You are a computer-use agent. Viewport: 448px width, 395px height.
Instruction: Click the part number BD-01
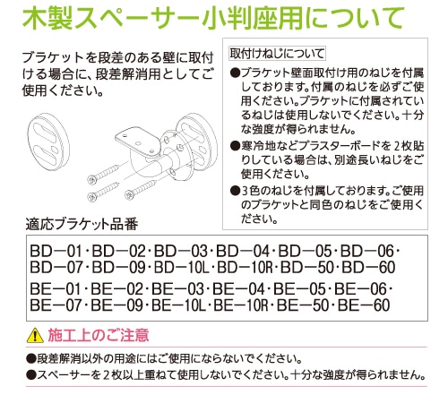[56, 251]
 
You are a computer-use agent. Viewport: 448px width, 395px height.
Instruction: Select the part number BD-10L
[182, 267]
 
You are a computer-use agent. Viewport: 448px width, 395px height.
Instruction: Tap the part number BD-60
[368, 267]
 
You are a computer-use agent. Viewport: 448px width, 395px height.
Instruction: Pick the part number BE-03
[177, 289]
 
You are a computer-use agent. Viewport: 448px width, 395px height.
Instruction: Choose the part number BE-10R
[241, 305]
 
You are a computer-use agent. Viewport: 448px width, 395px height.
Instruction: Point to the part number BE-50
[303, 305]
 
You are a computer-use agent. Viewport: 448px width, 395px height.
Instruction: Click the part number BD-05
[305, 251]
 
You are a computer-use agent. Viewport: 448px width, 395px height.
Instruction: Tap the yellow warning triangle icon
[35, 335]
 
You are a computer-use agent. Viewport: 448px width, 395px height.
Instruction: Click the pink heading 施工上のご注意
[99, 335]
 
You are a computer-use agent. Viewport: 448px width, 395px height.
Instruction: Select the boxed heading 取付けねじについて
[277, 54]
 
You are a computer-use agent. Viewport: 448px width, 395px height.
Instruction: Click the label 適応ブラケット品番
[82, 225]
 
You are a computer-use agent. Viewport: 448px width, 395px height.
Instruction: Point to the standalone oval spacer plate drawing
[48, 142]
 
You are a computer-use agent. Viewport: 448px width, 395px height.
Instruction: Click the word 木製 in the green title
[47, 18]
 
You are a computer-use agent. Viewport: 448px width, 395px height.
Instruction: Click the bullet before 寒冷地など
[236, 146]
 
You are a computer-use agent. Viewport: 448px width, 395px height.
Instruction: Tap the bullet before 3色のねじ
[236, 191]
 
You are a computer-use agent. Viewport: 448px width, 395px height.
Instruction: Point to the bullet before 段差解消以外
[30, 358]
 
